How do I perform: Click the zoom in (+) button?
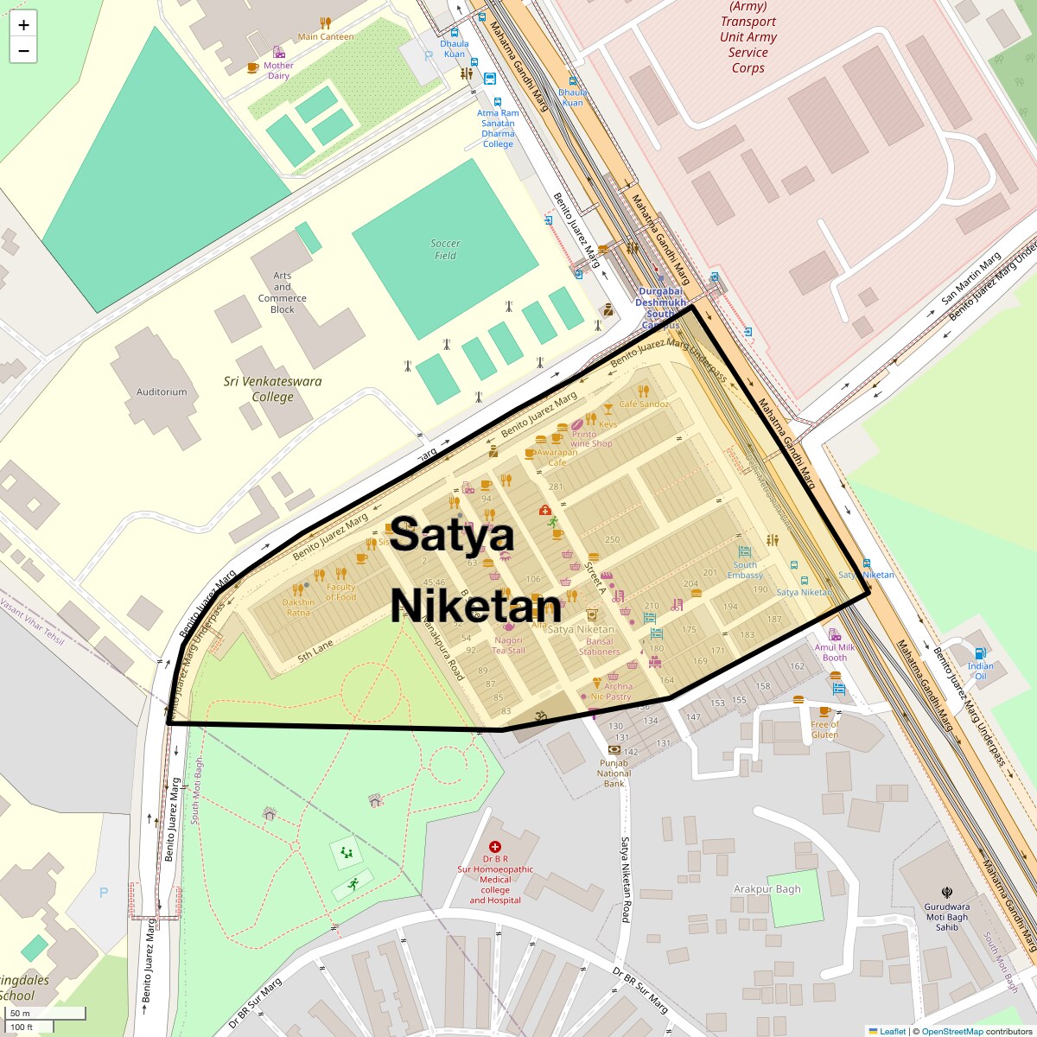(x=23, y=25)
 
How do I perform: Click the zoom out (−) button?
(x=23, y=51)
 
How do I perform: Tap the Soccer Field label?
(x=445, y=250)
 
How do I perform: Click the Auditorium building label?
(x=162, y=392)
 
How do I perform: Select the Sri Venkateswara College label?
(x=272, y=389)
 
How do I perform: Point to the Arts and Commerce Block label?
(x=283, y=293)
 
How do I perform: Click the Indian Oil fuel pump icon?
(x=979, y=653)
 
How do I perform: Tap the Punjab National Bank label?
(x=614, y=773)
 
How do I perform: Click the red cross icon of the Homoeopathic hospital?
(x=495, y=847)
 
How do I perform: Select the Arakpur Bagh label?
(x=767, y=889)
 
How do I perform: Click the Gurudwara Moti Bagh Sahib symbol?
(x=947, y=893)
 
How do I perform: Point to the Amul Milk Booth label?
(x=835, y=652)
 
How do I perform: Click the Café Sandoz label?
(x=644, y=404)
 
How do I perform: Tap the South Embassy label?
(x=745, y=570)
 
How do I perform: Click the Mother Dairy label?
(x=278, y=71)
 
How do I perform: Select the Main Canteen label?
(x=326, y=37)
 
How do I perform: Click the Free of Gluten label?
(x=825, y=729)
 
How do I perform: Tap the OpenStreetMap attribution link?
(x=951, y=1031)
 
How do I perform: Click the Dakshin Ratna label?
(x=298, y=608)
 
